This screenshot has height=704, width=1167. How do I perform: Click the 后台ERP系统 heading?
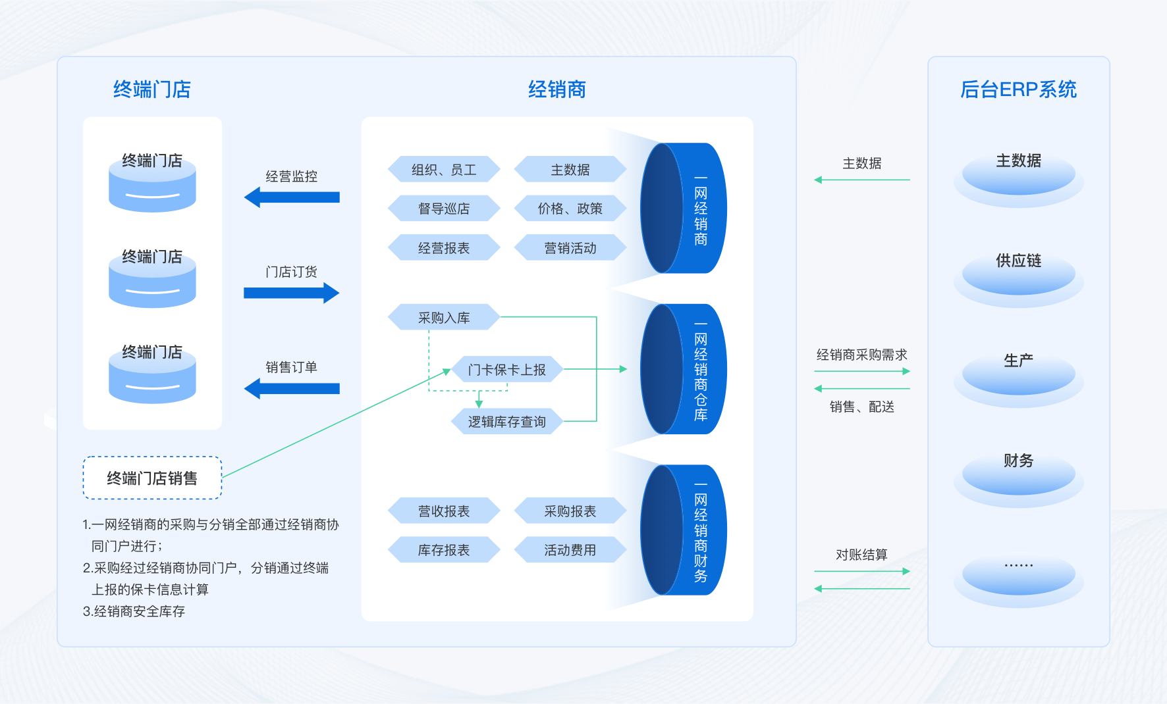1018,89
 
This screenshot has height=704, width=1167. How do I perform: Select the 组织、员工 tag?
444,170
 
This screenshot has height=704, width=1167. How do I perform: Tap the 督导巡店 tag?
444,209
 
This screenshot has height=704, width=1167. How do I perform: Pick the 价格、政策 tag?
570,209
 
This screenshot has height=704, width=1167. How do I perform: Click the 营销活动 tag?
570,248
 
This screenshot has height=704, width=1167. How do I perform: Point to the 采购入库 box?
444,318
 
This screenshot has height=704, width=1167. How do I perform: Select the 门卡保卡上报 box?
506,370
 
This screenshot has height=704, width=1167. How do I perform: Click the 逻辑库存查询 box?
506,422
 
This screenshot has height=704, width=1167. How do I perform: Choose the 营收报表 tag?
444,511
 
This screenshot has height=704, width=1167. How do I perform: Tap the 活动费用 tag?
570,550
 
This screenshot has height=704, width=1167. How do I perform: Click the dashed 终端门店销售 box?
152,478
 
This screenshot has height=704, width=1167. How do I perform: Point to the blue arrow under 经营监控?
292,197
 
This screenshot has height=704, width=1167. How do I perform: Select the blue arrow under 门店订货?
292,293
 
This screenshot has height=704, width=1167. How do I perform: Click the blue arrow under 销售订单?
292,389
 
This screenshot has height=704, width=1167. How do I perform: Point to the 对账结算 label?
861,555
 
